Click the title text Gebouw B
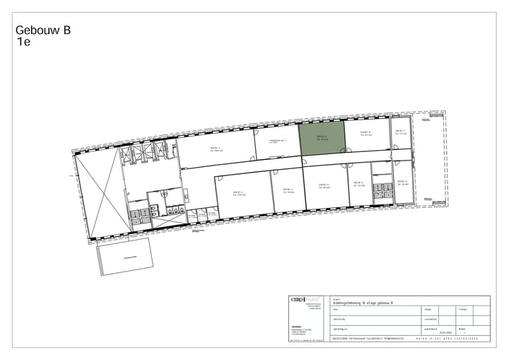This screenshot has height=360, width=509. point(42,30)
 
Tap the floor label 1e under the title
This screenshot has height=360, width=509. point(24,42)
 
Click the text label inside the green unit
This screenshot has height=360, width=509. point(322,137)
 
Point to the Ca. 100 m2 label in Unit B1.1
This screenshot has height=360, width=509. point(216,151)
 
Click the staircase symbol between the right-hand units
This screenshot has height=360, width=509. point(382,190)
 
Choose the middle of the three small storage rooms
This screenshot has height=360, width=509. point(201,214)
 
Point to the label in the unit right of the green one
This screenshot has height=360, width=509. point(365,133)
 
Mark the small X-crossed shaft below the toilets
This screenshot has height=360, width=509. point(174,209)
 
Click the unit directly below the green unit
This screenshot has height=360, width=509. point(324,187)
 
